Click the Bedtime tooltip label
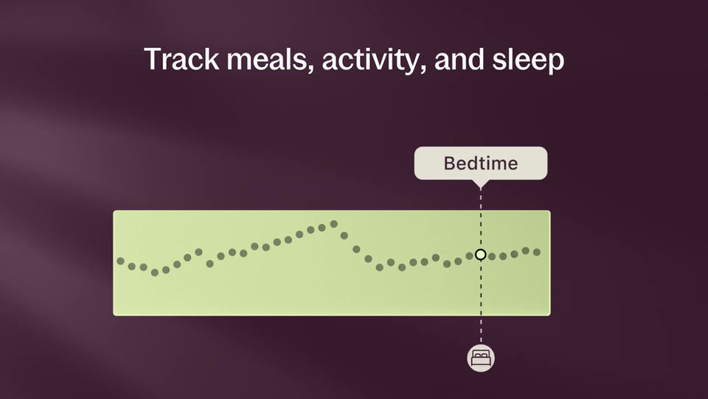coord(481,163)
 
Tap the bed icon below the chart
coord(481,358)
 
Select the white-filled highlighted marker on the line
coord(481,254)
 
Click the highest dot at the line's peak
coord(333,223)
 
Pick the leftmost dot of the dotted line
coord(121,261)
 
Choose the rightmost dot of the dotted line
coord(537,252)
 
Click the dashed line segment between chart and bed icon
coord(481,330)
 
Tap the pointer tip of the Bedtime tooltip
coord(481,185)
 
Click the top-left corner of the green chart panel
coord(114,212)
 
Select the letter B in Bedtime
coord(449,163)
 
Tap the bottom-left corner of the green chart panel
coord(114,314)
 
